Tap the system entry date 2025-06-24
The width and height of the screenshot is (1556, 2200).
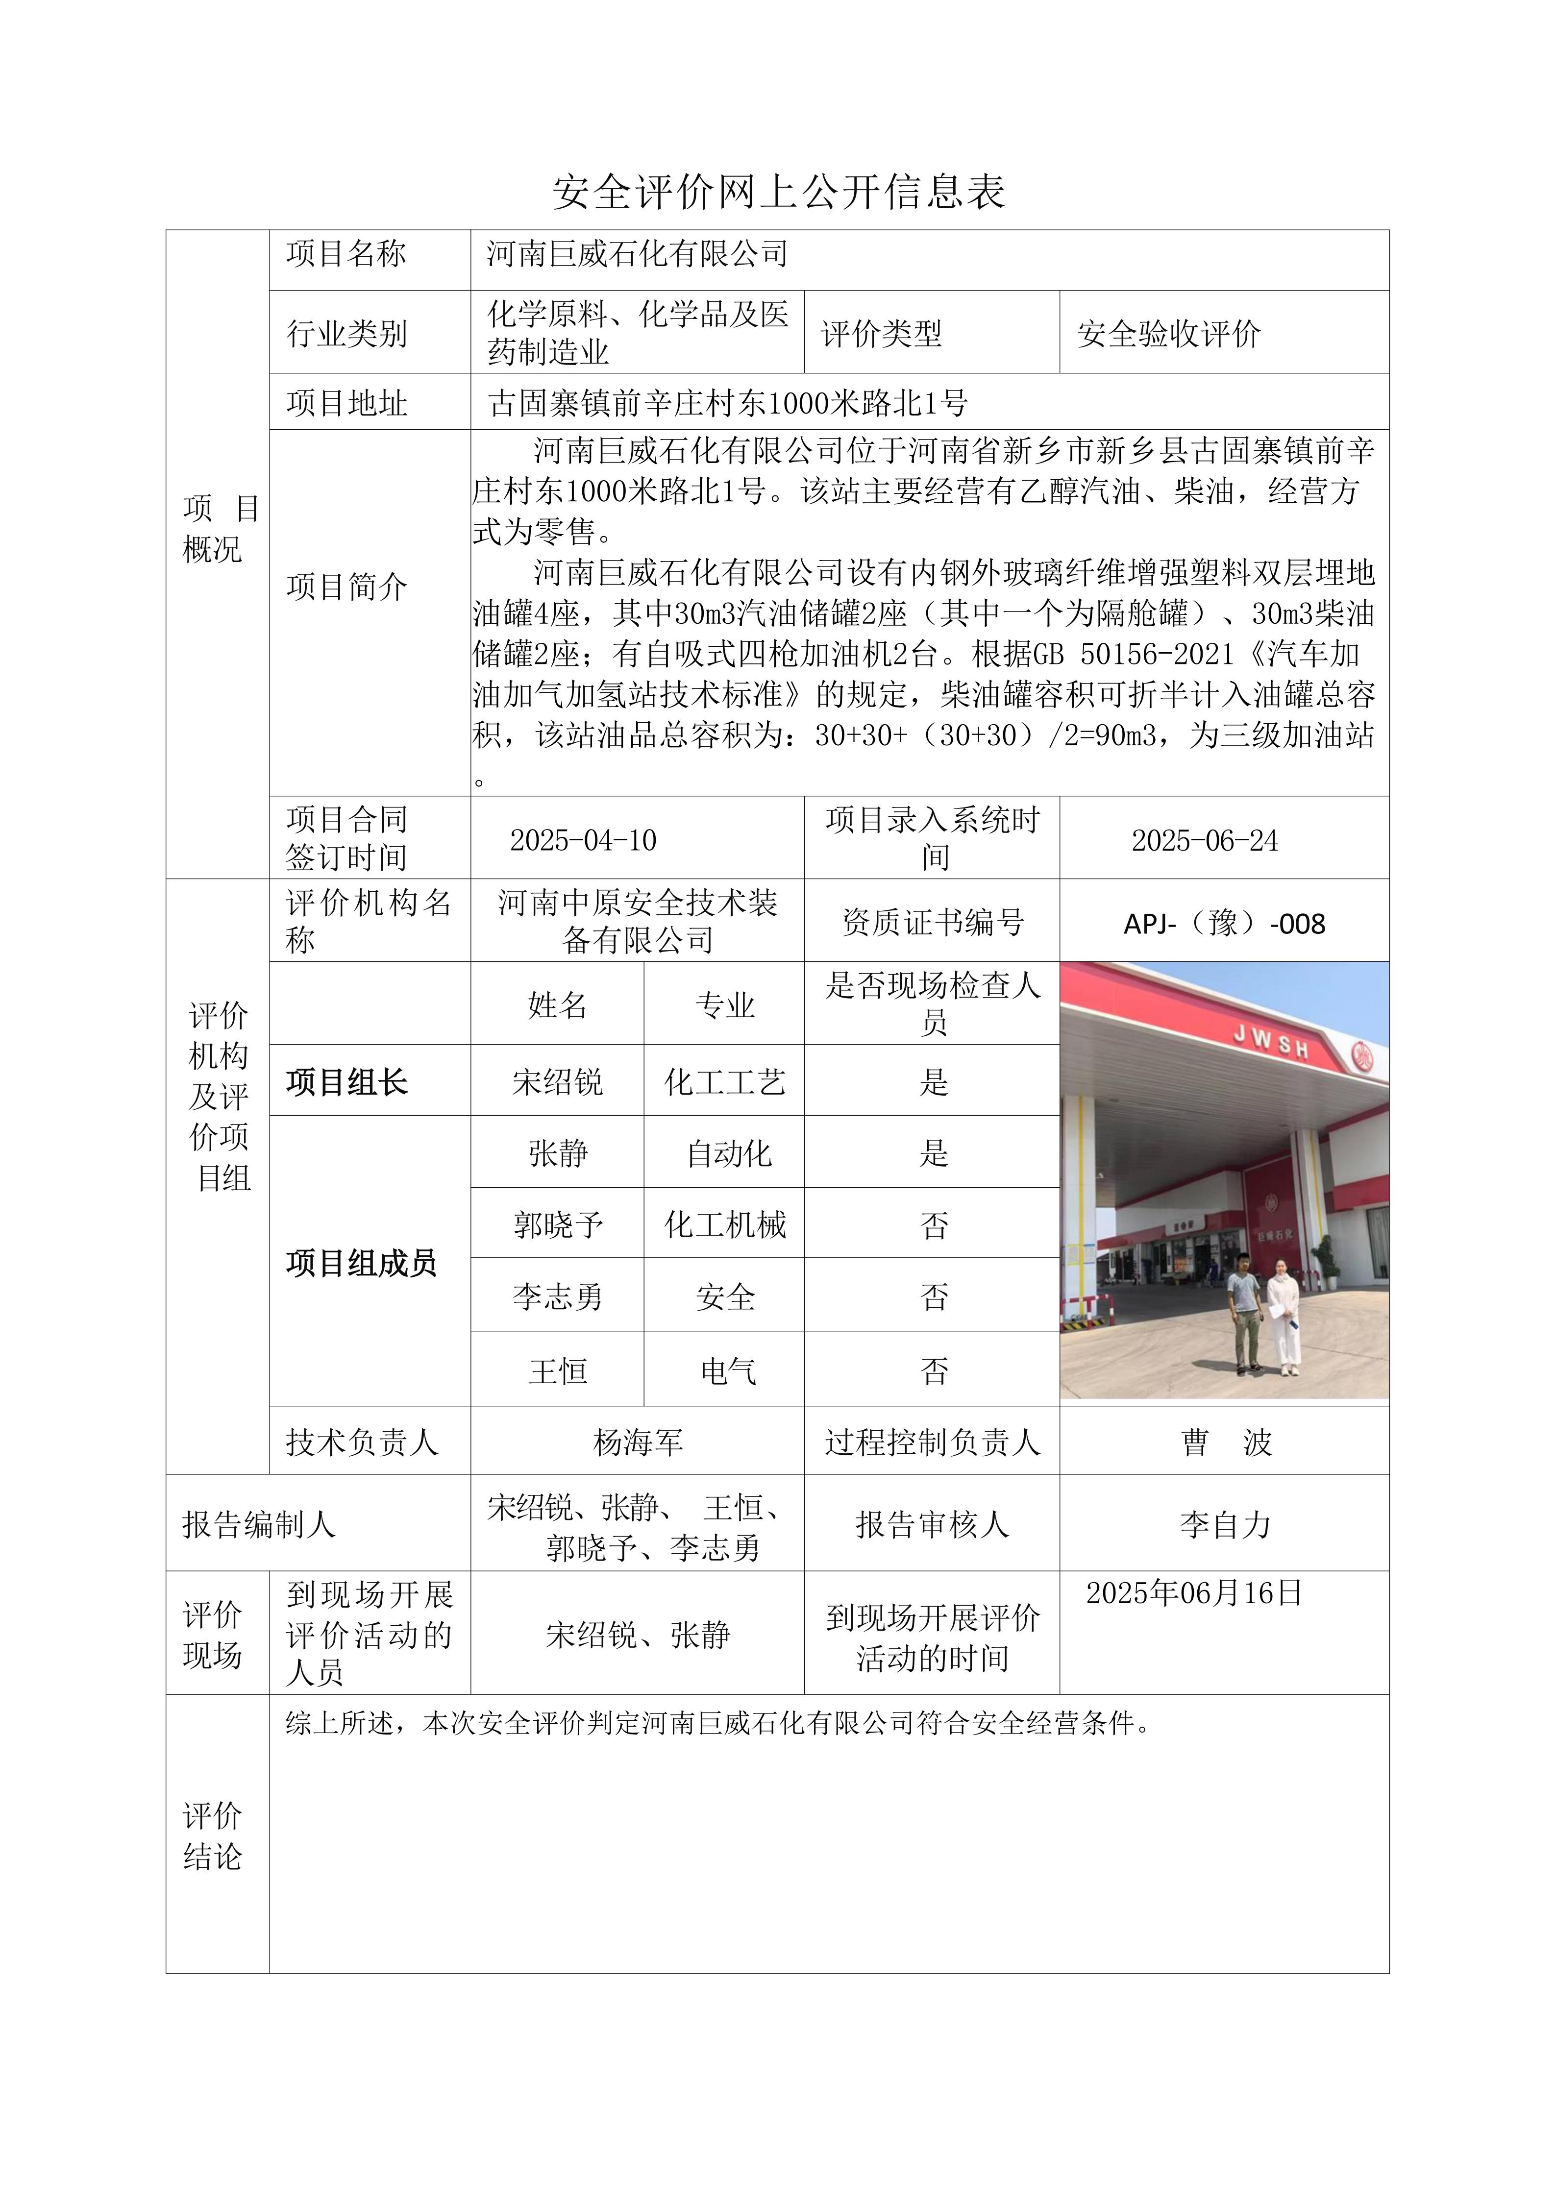[1204, 840]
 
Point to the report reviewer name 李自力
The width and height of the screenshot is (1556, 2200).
[1225, 1524]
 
